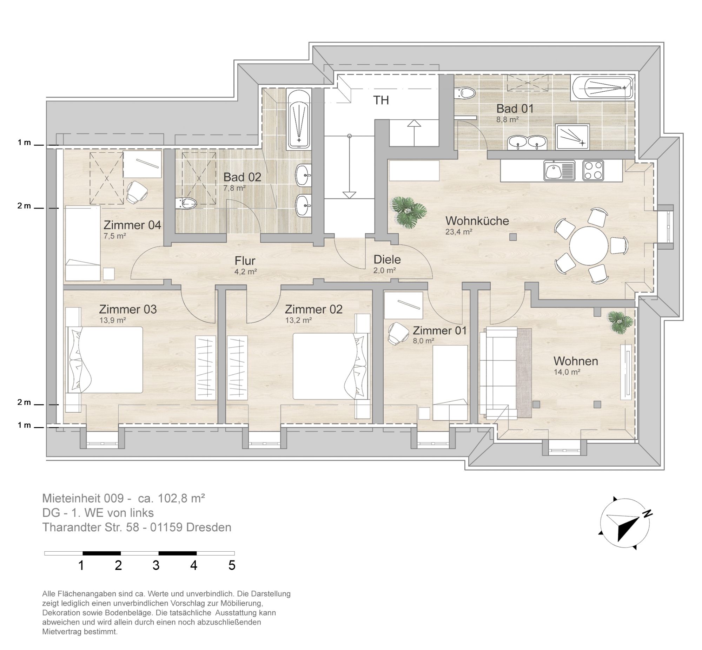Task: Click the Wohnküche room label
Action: tap(477, 221)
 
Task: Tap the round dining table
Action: tap(589, 246)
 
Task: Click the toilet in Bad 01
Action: tap(464, 93)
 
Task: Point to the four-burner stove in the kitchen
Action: tap(593, 171)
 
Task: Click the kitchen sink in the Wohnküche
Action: tap(559, 171)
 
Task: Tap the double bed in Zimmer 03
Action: tap(105, 360)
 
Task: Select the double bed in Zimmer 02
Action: tap(331, 366)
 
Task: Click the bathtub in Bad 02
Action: tap(298, 119)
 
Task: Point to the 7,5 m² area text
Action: tap(114, 236)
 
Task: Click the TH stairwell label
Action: tap(381, 100)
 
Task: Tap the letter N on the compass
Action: tap(648, 514)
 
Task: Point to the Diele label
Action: tap(387, 260)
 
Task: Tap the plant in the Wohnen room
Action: tap(621, 322)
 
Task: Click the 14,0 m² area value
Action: tap(567, 372)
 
